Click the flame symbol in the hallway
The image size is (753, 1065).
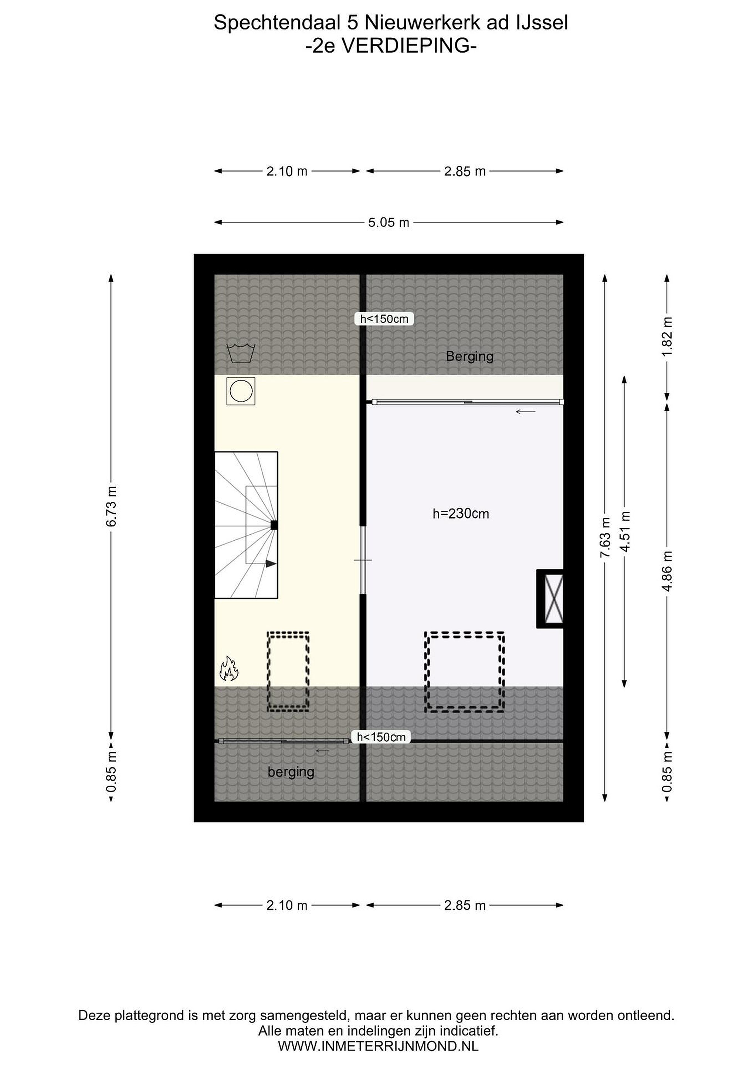pyautogui.click(x=228, y=669)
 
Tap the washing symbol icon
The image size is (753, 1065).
pyautogui.click(x=241, y=354)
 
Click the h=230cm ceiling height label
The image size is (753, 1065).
pyautogui.click(x=461, y=514)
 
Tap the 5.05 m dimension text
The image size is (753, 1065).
pyautogui.click(x=389, y=223)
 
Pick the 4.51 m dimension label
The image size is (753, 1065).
pyautogui.click(x=625, y=531)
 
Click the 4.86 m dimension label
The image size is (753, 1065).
pyautogui.click(x=667, y=571)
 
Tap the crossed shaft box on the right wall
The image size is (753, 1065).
pyautogui.click(x=550, y=598)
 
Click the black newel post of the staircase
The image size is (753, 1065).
pyautogui.click(x=274, y=525)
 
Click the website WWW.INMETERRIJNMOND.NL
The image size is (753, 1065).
pyautogui.click(x=379, y=1046)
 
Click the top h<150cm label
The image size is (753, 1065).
pyautogui.click(x=384, y=319)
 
